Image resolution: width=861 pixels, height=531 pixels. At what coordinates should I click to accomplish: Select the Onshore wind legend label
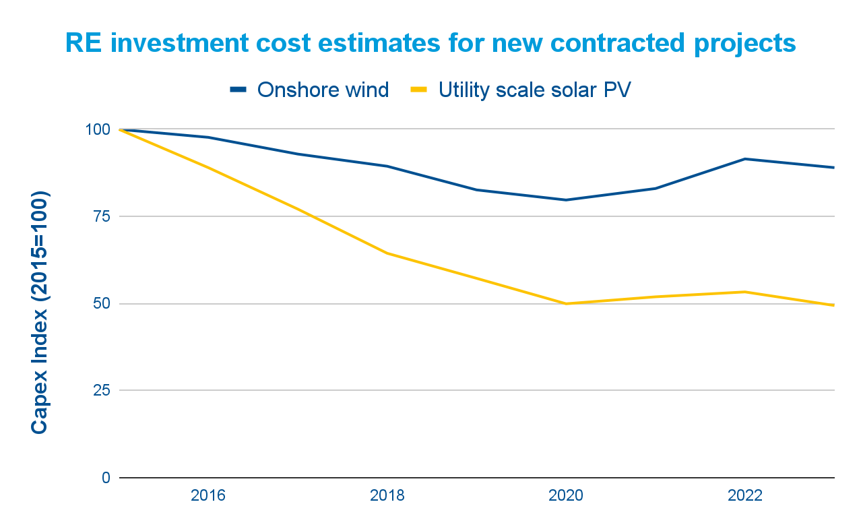323,90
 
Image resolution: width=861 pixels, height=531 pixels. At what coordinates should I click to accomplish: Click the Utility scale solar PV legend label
534,90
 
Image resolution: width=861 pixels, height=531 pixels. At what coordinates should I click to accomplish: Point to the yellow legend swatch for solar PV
420,90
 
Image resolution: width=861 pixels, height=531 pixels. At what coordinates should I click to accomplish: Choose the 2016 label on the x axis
208,496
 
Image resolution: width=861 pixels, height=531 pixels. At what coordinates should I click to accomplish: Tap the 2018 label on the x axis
387,496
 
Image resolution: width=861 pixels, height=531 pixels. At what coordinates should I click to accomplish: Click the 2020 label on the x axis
566,496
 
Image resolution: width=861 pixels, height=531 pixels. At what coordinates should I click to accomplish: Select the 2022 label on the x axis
745,496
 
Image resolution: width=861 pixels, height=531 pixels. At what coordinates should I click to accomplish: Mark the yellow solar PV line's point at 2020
567,303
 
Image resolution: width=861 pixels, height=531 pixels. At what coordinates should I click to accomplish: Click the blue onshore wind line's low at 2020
567,199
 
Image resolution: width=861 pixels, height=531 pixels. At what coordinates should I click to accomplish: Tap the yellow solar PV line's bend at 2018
387,253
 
